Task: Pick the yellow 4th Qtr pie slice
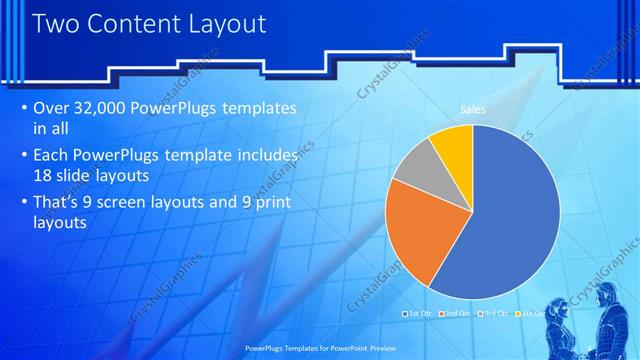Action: [453, 145]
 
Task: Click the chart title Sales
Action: [472, 109]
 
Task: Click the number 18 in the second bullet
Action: [44, 176]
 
